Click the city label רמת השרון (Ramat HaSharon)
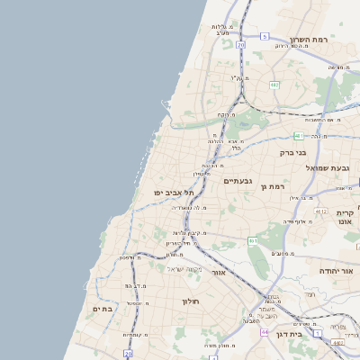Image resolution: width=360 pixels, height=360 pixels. click(x=311, y=40)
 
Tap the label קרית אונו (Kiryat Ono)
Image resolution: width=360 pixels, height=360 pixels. click(x=345, y=219)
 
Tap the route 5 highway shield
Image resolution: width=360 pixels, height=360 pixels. click(x=265, y=36)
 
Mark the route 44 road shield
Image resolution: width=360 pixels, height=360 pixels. click(x=265, y=332)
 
